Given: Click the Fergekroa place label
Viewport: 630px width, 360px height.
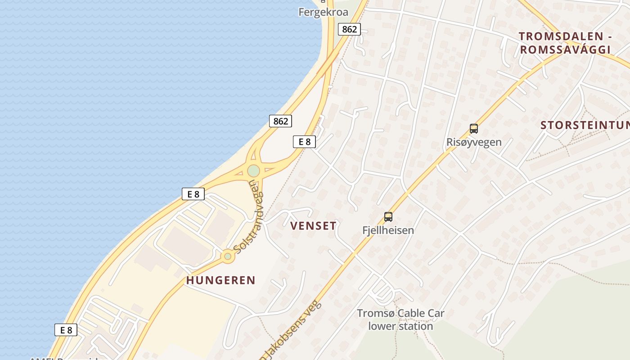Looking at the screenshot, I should [323, 12].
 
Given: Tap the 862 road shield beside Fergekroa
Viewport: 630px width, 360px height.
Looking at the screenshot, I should [349, 30].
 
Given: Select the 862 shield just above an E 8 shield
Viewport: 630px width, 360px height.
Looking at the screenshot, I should [280, 121].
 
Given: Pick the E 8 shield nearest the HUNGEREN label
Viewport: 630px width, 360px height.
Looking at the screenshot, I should [193, 194].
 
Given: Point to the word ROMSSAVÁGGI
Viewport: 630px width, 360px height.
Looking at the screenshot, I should [565, 50].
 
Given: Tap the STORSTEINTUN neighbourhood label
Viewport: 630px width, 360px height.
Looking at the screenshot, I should [585, 126].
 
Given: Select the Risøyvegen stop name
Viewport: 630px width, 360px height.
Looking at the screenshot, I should [473, 143].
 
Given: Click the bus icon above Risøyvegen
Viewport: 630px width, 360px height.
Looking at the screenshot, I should [473, 129].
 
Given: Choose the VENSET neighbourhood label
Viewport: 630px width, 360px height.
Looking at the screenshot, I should [313, 226].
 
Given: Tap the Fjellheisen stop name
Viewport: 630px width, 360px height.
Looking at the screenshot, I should [388, 230].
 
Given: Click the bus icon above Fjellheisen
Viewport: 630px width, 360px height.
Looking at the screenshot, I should [388, 217].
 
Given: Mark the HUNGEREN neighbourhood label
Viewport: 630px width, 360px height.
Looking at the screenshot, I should [220, 280].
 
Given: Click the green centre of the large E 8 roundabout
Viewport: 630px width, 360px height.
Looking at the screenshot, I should [253, 171].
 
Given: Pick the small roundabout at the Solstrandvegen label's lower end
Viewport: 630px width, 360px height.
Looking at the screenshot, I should [228, 256].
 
